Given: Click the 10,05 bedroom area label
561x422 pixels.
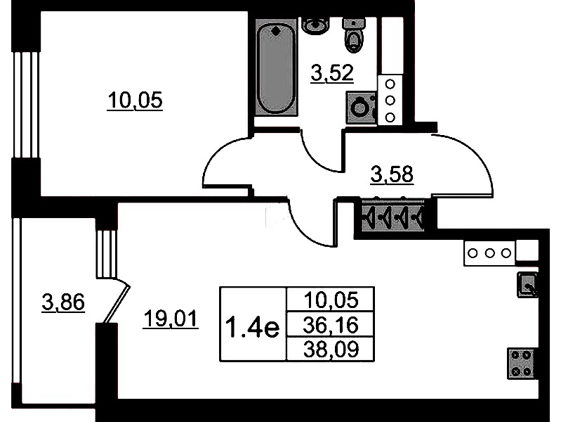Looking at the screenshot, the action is pos(135,100).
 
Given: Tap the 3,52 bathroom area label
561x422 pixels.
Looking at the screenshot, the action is pos(332,73).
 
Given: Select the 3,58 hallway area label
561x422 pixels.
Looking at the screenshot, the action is pos(392,174).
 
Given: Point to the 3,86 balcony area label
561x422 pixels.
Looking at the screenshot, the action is pos(63,302).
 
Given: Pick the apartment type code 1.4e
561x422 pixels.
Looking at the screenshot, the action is pos(253,327).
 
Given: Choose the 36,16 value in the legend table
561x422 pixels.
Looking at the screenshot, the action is pos(330,325).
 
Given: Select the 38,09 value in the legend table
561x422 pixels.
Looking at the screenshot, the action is pos(331,350).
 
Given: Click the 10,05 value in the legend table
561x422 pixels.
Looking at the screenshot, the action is pos(331,300).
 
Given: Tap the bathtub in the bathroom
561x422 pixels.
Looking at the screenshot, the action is pos(276,67).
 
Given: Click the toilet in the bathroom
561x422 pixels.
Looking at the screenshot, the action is pos(354,35).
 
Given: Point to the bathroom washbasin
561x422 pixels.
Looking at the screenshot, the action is pos(315,26).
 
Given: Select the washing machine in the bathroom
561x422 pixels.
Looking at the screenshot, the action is pos(362,108).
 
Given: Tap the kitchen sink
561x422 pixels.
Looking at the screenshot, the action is pos(527,285).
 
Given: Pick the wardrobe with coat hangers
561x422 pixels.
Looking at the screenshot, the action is pos(393,216).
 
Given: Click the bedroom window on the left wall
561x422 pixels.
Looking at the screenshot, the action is pos(26,105).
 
